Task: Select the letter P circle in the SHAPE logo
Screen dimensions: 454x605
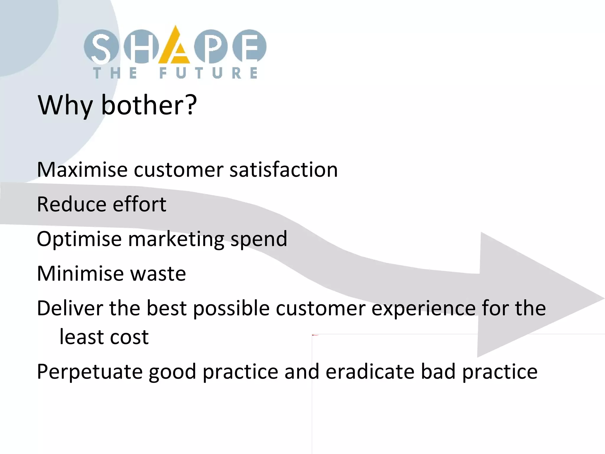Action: [211, 47]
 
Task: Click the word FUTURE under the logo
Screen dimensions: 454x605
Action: [209, 73]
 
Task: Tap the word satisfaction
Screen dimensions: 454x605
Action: [284, 170]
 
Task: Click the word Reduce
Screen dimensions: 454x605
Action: [71, 204]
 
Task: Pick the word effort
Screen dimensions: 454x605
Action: [139, 204]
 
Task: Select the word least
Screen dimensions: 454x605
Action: [77, 337]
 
